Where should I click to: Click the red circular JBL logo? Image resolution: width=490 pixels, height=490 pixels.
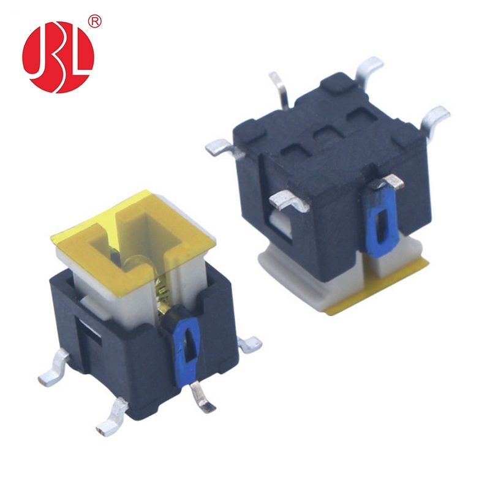click(58, 57)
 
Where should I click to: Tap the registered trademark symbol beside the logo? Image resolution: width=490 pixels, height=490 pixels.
click(95, 21)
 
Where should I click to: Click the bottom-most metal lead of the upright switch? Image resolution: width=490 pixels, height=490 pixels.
click(112, 416)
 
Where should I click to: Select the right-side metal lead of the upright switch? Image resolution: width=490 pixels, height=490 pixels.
click(250, 344)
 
